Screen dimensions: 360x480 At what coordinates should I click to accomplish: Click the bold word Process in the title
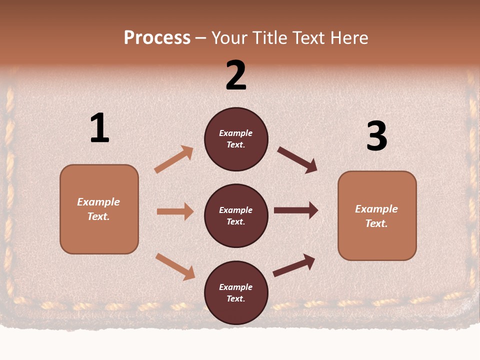point(157,38)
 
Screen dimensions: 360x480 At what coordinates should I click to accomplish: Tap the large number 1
point(99,128)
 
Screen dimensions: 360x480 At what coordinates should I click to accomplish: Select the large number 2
point(236,75)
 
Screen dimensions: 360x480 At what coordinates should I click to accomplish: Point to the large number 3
point(376,136)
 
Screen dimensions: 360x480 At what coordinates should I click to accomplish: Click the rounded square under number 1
point(99,209)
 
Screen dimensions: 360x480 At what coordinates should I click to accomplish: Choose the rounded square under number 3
point(377,216)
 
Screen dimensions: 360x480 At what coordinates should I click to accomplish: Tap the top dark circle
point(236,139)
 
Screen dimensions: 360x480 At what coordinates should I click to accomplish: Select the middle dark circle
point(236,215)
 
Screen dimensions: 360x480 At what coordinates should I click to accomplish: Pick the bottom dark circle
point(236,292)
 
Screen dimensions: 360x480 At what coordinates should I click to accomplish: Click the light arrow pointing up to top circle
point(173,159)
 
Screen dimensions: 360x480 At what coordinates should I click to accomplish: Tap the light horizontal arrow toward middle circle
point(175,211)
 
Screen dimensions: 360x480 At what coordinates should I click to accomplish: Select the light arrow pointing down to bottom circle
point(175,266)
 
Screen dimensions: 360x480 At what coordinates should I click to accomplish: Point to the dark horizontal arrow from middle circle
point(296,210)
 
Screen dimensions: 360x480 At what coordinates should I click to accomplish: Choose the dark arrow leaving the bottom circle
point(294,265)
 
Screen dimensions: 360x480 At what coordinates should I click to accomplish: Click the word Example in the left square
point(98,202)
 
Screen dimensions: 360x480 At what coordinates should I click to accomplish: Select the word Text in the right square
point(376,223)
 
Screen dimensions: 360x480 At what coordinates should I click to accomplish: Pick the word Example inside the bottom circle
point(235,287)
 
